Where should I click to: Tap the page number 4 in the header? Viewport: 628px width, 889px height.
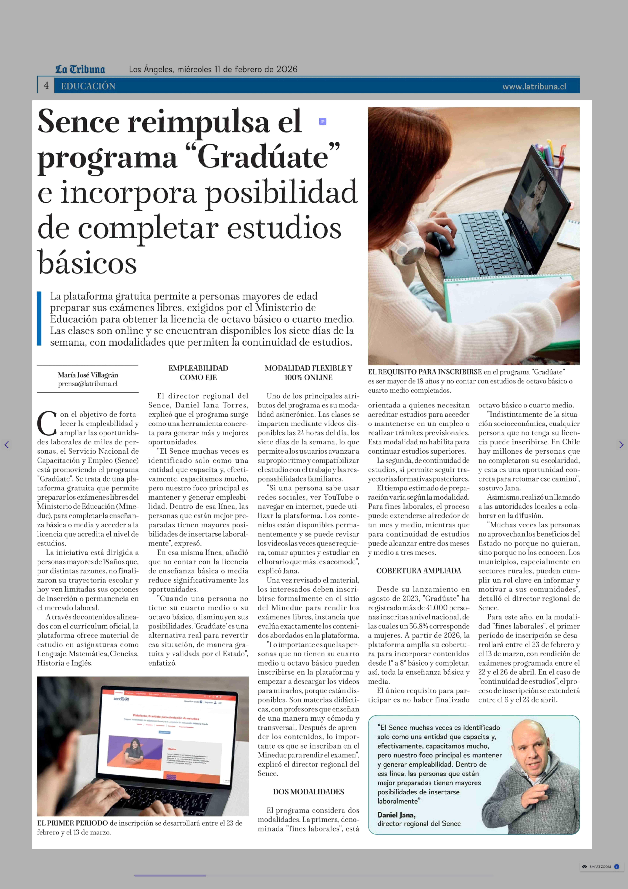46,86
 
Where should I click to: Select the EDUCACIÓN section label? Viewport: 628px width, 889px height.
88,86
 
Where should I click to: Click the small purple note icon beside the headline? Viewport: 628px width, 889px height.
322,122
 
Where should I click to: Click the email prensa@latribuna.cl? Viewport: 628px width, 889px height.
88,384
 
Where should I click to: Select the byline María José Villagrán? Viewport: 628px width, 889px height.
88,375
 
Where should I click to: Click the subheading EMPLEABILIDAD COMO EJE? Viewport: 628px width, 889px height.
198,372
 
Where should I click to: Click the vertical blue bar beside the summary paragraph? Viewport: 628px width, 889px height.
39,318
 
